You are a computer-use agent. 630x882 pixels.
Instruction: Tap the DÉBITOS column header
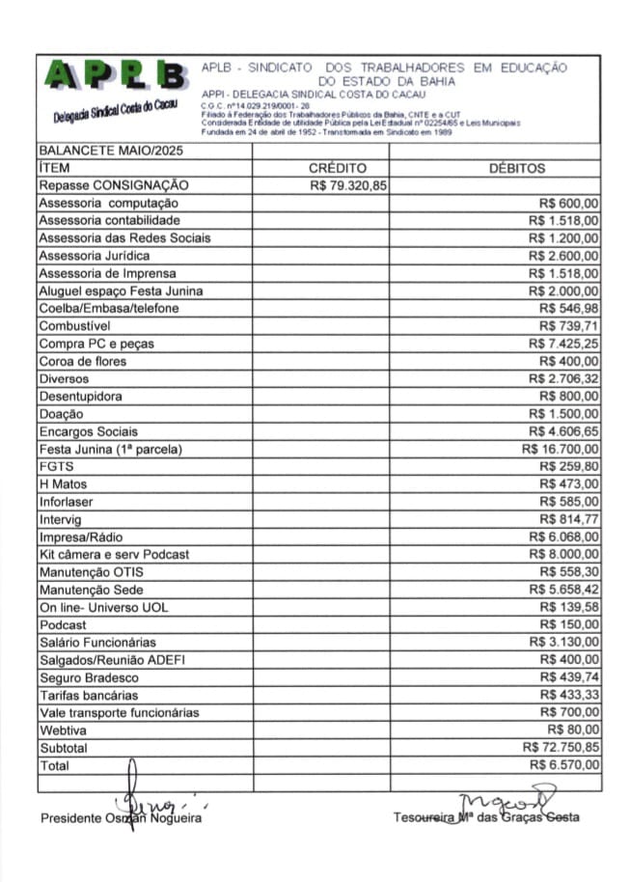click(517, 168)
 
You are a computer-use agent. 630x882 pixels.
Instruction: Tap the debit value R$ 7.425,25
click(563, 344)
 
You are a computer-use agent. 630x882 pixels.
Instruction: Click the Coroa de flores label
click(82, 361)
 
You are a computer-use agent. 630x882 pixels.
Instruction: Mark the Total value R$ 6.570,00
click(563, 764)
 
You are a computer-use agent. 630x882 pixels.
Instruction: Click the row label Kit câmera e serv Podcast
click(114, 554)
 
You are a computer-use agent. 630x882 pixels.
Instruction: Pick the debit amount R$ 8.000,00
click(563, 554)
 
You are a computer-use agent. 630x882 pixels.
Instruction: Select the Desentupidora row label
click(80, 396)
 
